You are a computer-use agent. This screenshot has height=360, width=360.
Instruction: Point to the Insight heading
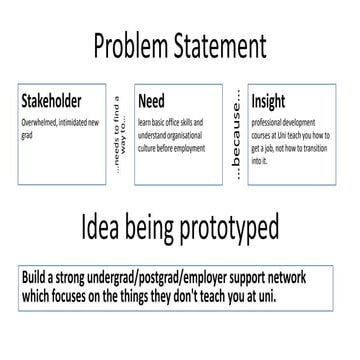tap(269, 101)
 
